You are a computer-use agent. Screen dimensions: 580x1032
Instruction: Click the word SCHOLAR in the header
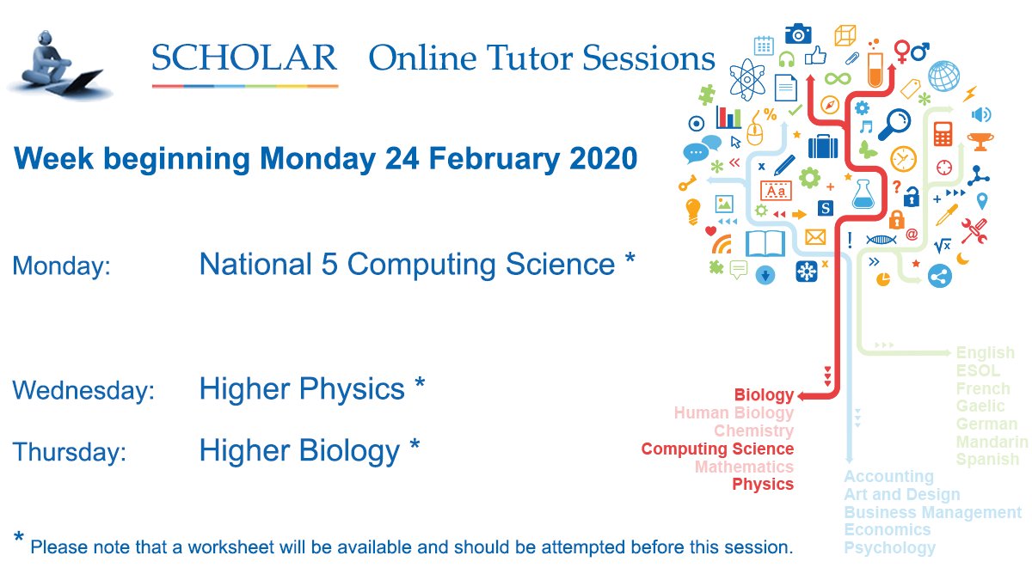click(x=244, y=58)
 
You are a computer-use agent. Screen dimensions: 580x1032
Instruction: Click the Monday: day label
click(x=61, y=266)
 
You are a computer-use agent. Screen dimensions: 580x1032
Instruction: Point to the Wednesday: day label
click(x=83, y=391)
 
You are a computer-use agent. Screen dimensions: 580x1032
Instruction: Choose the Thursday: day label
click(x=69, y=453)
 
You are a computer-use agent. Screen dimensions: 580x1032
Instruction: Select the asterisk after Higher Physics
click(x=419, y=387)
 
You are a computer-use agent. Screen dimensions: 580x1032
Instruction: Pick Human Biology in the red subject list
click(x=734, y=413)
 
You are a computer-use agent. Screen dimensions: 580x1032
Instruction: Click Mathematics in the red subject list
click(x=744, y=467)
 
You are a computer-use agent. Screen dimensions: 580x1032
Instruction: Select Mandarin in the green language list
click(x=992, y=442)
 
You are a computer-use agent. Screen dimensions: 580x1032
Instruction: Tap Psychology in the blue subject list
click(x=889, y=547)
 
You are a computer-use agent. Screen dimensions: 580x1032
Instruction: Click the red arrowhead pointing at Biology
click(x=802, y=396)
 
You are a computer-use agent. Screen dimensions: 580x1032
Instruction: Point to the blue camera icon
click(x=798, y=34)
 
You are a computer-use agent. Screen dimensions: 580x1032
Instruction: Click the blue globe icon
click(x=943, y=76)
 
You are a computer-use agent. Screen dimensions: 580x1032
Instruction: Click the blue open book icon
click(x=765, y=244)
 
